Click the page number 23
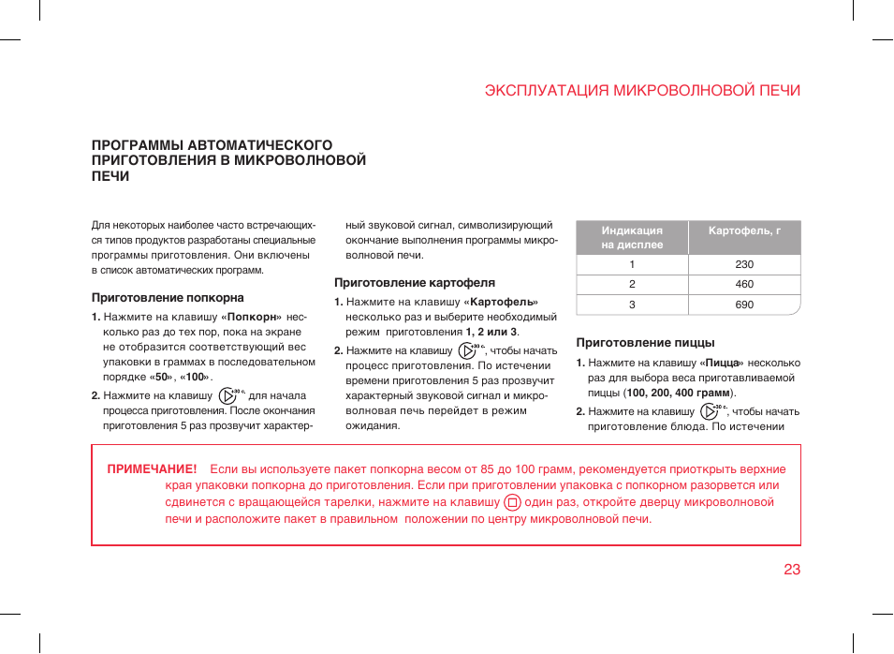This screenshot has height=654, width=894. pos(792,570)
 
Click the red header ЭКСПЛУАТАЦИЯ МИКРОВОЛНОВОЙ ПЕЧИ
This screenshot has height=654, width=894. pos(642,91)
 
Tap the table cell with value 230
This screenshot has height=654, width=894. pos(744,264)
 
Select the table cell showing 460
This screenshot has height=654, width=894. pos(744,284)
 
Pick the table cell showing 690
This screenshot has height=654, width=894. pos(744,305)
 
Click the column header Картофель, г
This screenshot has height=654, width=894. pos(744,230)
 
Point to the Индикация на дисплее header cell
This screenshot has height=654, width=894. pos(632,237)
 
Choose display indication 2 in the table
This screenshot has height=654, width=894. pos(632,284)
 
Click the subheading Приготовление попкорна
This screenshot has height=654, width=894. pos(168,298)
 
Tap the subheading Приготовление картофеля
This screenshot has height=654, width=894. pos(415,282)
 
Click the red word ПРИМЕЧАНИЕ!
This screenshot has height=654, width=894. pos(152,469)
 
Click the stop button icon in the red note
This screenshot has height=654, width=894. pos(512,502)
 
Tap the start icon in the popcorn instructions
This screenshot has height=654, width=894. pos(227,395)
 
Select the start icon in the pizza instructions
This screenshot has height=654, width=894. pos(709,410)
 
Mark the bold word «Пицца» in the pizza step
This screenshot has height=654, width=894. pos(721,363)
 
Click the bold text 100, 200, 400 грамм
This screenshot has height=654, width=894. pos(678,393)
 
